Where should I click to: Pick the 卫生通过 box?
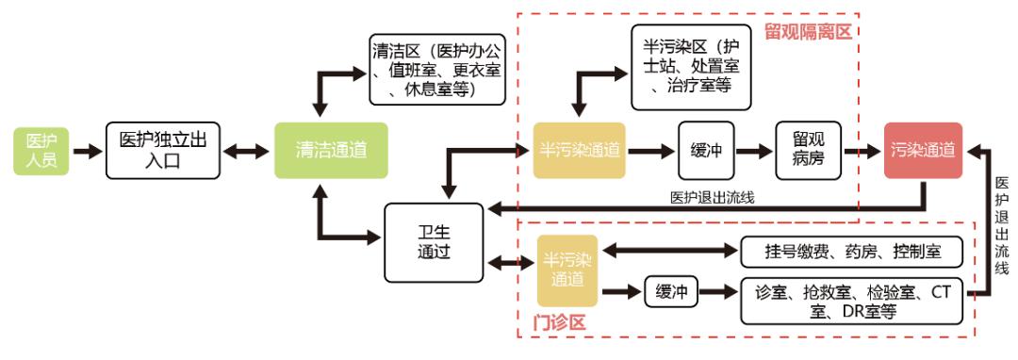pos(433,241)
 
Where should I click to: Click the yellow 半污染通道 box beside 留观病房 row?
pos(579,150)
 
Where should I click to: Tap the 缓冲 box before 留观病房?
pos(706,150)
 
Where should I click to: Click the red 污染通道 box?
pos(923,150)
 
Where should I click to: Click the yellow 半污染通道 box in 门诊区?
pos(567,266)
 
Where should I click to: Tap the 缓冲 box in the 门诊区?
pos(670,291)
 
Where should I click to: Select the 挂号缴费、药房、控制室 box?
pos(851,251)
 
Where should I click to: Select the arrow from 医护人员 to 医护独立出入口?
pos(88,150)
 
